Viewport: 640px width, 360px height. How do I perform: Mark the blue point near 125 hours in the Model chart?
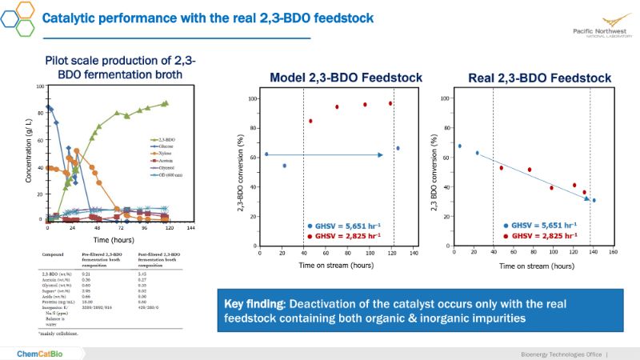(x=398, y=148)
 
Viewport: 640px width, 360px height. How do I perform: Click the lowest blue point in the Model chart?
(x=284, y=166)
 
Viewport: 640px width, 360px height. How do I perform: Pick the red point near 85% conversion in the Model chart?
(x=310, y=121)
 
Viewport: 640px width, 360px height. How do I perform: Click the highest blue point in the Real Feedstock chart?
(x=459, y=146)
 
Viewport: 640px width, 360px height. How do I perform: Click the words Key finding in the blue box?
(x=257, y=304)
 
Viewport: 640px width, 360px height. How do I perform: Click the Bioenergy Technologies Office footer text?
(x=556, y=353)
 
